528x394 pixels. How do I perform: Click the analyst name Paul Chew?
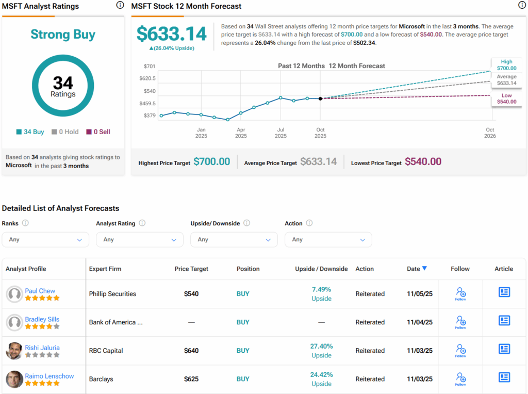pyautogui.click(x=40, y=291)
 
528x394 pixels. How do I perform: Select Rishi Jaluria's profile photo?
pyautogui.click(x=14, y=351)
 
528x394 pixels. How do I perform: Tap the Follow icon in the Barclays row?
pyautogui.click(x=460, y=379)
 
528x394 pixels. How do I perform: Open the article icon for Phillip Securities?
pyautogui.click(x=504, y=292)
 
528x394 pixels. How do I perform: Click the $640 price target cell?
pyautogui.click(x=191, y=351)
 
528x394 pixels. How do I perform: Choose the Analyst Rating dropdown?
pyautogui.click(x=139, y=240)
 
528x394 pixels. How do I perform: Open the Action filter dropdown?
pyautogui.click(x=328, y=240)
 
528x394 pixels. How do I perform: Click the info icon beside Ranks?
pyautogui.click(x=25, y=223)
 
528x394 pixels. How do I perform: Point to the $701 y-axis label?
pyautogui.click(x=150, y=67)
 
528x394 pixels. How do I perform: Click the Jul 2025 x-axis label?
pyautogui.click(x=280, y=133)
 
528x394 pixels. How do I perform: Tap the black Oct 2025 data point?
pyautogui.click(x=320, y=98)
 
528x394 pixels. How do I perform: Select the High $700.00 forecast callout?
pyautogui.click(x=506, y=64)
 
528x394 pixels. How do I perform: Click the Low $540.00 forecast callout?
pyautogui.click(x=506, y=98)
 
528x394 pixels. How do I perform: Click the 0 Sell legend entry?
pyautogui.click(x=98, y=132)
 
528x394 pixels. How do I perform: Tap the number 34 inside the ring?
pyautogui.click(x=63, y=83)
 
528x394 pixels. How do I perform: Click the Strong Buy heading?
pyautogui.click(x=63, y=35)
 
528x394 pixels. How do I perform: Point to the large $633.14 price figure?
pyautogui.click(x=171, y=34)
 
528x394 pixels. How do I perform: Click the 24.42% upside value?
pyautogui.click(x=321, y=375)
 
